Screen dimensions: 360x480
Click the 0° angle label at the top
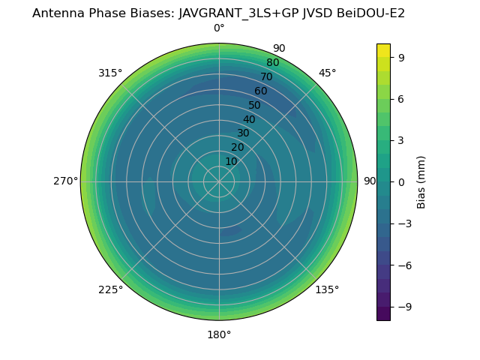[219, 28]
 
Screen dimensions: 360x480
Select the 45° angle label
[328, 73]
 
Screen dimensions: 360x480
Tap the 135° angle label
[327, 290]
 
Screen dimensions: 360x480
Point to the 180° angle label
[219, 335]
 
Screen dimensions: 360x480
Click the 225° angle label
[110, 290]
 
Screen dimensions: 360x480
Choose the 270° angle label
[66, 181]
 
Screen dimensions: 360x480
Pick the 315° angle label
[110, 73]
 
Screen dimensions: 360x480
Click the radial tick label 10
[231, 161]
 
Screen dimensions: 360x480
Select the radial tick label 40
[249, 119]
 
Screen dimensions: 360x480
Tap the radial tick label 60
[261, 91]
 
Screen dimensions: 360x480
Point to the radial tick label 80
[273, 63]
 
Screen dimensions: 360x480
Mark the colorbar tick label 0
[402, 182]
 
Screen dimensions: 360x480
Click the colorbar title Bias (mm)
[421, 182]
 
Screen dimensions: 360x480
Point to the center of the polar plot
[219, 181]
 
